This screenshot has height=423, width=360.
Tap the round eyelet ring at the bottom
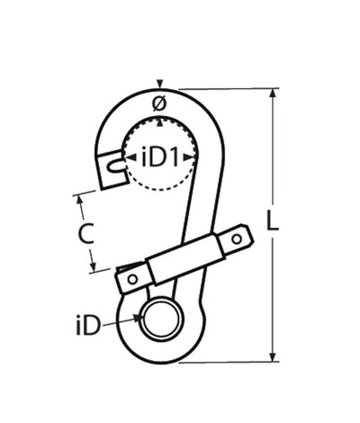click(x=161, y=318)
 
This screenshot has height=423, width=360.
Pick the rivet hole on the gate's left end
click(x=133, y=279)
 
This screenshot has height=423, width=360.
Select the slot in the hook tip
click(x=112, y=166)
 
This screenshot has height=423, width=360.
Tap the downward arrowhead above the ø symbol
click(x=159, y=85)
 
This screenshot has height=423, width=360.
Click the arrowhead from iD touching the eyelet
click(x=136, y=318)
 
